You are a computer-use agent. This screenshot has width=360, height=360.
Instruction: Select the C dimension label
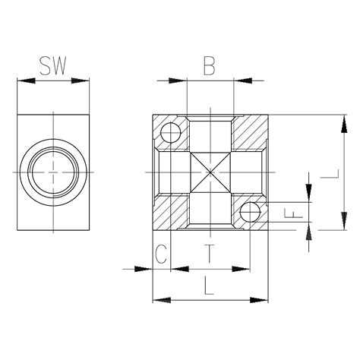pos(160,254)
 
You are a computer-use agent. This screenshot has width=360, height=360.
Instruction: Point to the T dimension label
pos(210,254)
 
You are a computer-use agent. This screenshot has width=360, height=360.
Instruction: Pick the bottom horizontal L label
pos(210,287)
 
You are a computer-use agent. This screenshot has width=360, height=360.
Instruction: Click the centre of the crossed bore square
pos(210,173)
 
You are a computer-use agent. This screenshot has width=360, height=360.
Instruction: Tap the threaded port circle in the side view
pos(54,173)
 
